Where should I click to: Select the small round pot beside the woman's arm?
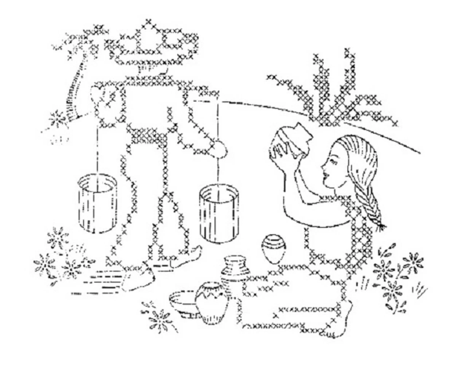pos(273,248)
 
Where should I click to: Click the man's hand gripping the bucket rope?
pos(219,148)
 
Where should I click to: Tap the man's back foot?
pos(141,278)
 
